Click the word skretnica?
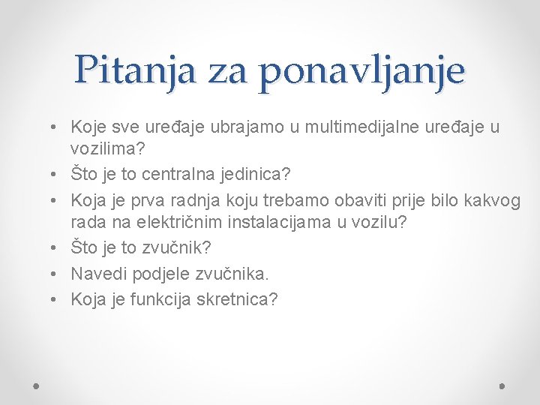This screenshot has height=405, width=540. coord(236,300)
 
